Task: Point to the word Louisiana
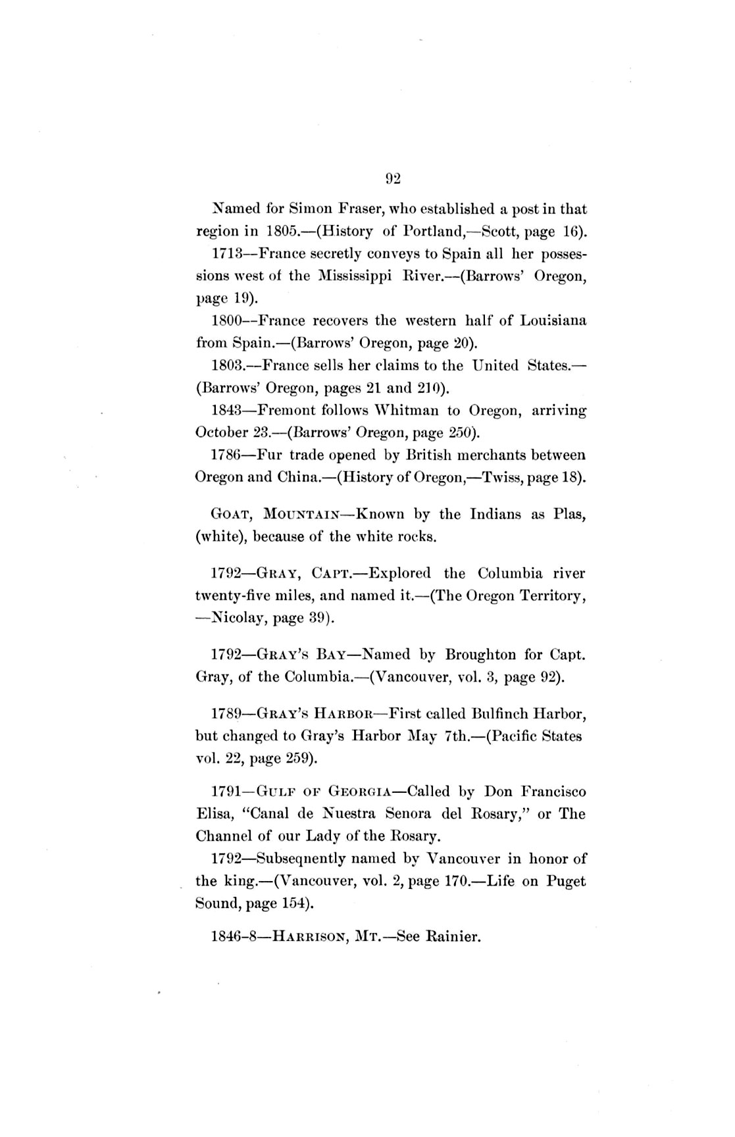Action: [x=553, y=320]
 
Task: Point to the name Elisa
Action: [x=213, y=813]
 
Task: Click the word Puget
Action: [x=566, y=880]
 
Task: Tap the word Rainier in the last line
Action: [x=454, y=936]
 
